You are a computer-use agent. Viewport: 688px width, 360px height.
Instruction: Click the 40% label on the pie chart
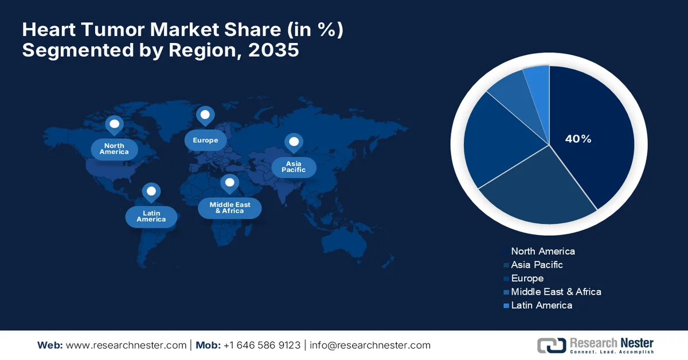tap(577, 139)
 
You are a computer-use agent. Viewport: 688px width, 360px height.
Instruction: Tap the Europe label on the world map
tap(205, 140)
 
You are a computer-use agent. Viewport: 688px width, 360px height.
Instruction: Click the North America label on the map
tap(114, 149)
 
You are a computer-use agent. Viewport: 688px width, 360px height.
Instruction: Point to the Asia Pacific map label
tap(293, 167)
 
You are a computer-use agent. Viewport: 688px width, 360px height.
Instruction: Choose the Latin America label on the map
tap(151, 216)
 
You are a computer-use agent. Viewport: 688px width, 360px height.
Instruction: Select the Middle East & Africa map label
tap(229, 208)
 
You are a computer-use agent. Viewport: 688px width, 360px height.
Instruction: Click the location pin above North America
tap(114, 125)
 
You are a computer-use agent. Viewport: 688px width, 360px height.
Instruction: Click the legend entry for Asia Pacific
tap(537, 265)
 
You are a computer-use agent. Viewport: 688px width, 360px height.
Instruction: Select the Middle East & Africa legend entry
tap(556, 292)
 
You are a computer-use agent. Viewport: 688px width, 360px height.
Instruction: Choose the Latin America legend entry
tap(541, 306)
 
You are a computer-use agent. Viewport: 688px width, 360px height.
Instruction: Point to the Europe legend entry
tap(527, 279)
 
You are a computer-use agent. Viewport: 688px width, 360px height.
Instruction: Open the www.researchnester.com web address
tap(126, 345)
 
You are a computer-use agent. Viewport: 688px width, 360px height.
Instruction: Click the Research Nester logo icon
tap(551, 345)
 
